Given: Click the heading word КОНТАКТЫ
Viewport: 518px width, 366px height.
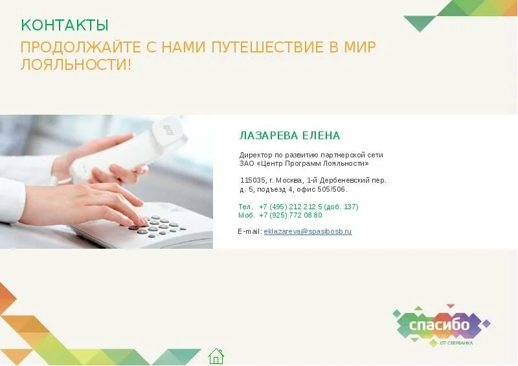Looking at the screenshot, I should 65,25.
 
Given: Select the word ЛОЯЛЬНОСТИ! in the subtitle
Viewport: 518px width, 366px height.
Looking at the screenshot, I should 76,65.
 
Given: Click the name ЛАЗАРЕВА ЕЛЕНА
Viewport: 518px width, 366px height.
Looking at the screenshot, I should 289,135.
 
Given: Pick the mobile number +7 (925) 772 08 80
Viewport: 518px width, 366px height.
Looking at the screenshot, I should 290,215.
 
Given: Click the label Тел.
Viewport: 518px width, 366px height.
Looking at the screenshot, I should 245,207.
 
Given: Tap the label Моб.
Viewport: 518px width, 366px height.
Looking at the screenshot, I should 246,215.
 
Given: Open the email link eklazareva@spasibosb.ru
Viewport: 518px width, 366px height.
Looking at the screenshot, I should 308,231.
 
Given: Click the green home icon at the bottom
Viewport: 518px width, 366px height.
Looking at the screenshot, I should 216,356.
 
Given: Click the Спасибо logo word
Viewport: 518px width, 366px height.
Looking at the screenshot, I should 439,324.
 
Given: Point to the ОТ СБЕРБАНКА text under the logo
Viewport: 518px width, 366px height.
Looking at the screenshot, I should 456,343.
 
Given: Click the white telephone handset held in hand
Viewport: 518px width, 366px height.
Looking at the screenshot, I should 129,149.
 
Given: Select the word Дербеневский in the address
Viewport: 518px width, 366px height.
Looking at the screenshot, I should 347,180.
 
